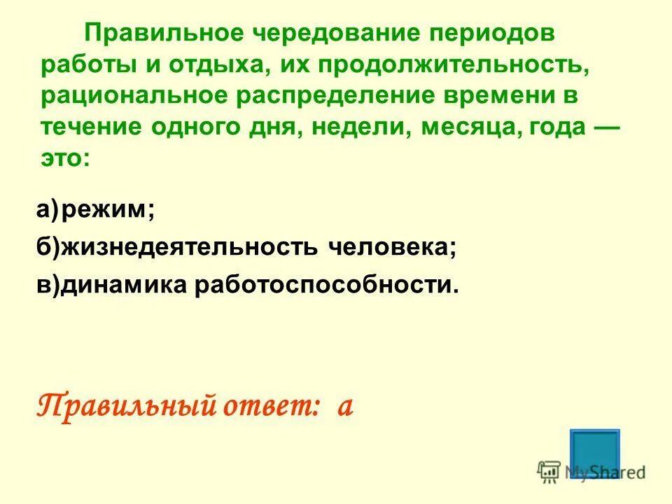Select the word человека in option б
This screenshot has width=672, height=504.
393,248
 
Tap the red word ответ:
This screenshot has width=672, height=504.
267,405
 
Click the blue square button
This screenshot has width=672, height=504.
595,454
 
